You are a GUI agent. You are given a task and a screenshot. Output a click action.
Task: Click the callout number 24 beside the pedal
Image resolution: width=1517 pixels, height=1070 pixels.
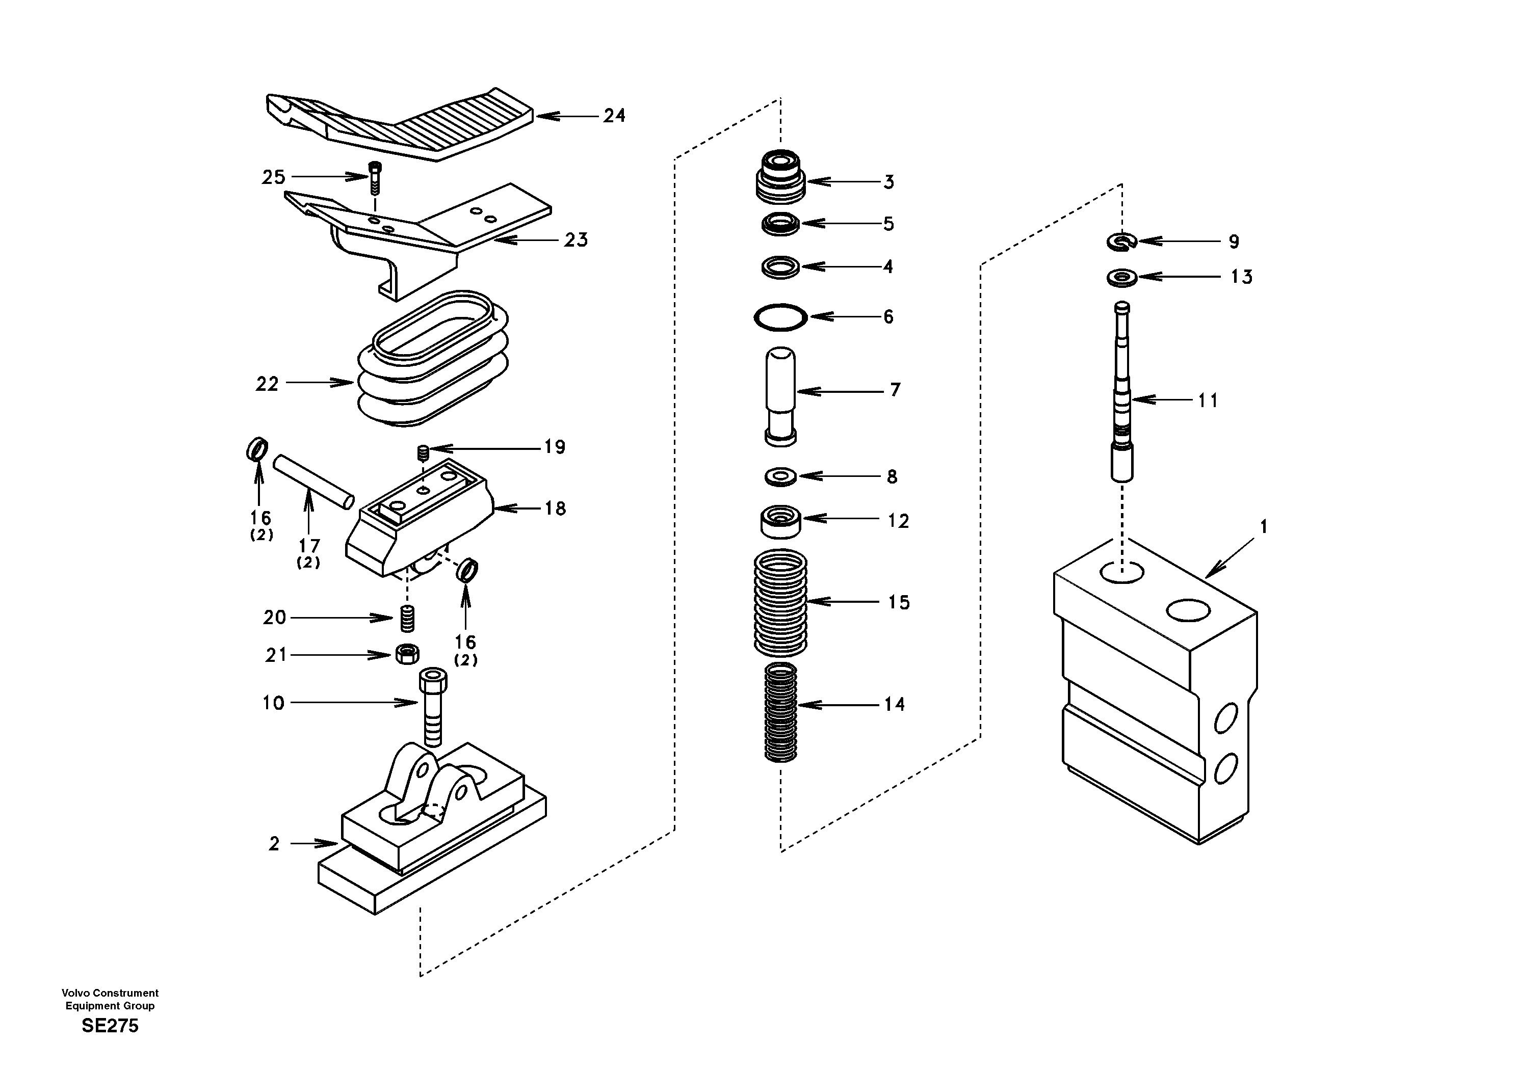614,116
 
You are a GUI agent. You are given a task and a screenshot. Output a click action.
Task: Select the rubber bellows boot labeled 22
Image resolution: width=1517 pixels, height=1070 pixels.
433,360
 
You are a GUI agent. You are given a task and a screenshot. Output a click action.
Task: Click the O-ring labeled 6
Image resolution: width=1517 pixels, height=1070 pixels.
780,317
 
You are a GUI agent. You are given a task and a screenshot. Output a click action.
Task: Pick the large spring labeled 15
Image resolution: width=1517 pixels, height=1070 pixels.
780,602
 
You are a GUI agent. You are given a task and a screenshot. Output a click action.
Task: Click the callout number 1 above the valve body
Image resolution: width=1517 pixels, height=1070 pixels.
1263,527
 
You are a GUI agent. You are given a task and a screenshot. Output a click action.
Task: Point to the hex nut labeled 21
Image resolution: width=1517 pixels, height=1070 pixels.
407,655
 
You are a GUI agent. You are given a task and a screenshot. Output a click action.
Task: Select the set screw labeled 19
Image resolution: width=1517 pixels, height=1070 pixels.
424,452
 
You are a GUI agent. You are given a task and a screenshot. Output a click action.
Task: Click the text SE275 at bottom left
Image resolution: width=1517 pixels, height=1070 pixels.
110,1026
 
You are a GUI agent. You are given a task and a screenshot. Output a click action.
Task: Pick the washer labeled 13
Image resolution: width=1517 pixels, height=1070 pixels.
1122,277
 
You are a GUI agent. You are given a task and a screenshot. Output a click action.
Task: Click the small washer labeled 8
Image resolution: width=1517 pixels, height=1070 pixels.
780,476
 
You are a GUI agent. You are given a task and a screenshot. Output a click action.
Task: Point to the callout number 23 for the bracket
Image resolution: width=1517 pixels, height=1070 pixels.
576,240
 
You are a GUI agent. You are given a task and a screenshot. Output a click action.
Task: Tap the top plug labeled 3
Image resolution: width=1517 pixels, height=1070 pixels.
780,176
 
